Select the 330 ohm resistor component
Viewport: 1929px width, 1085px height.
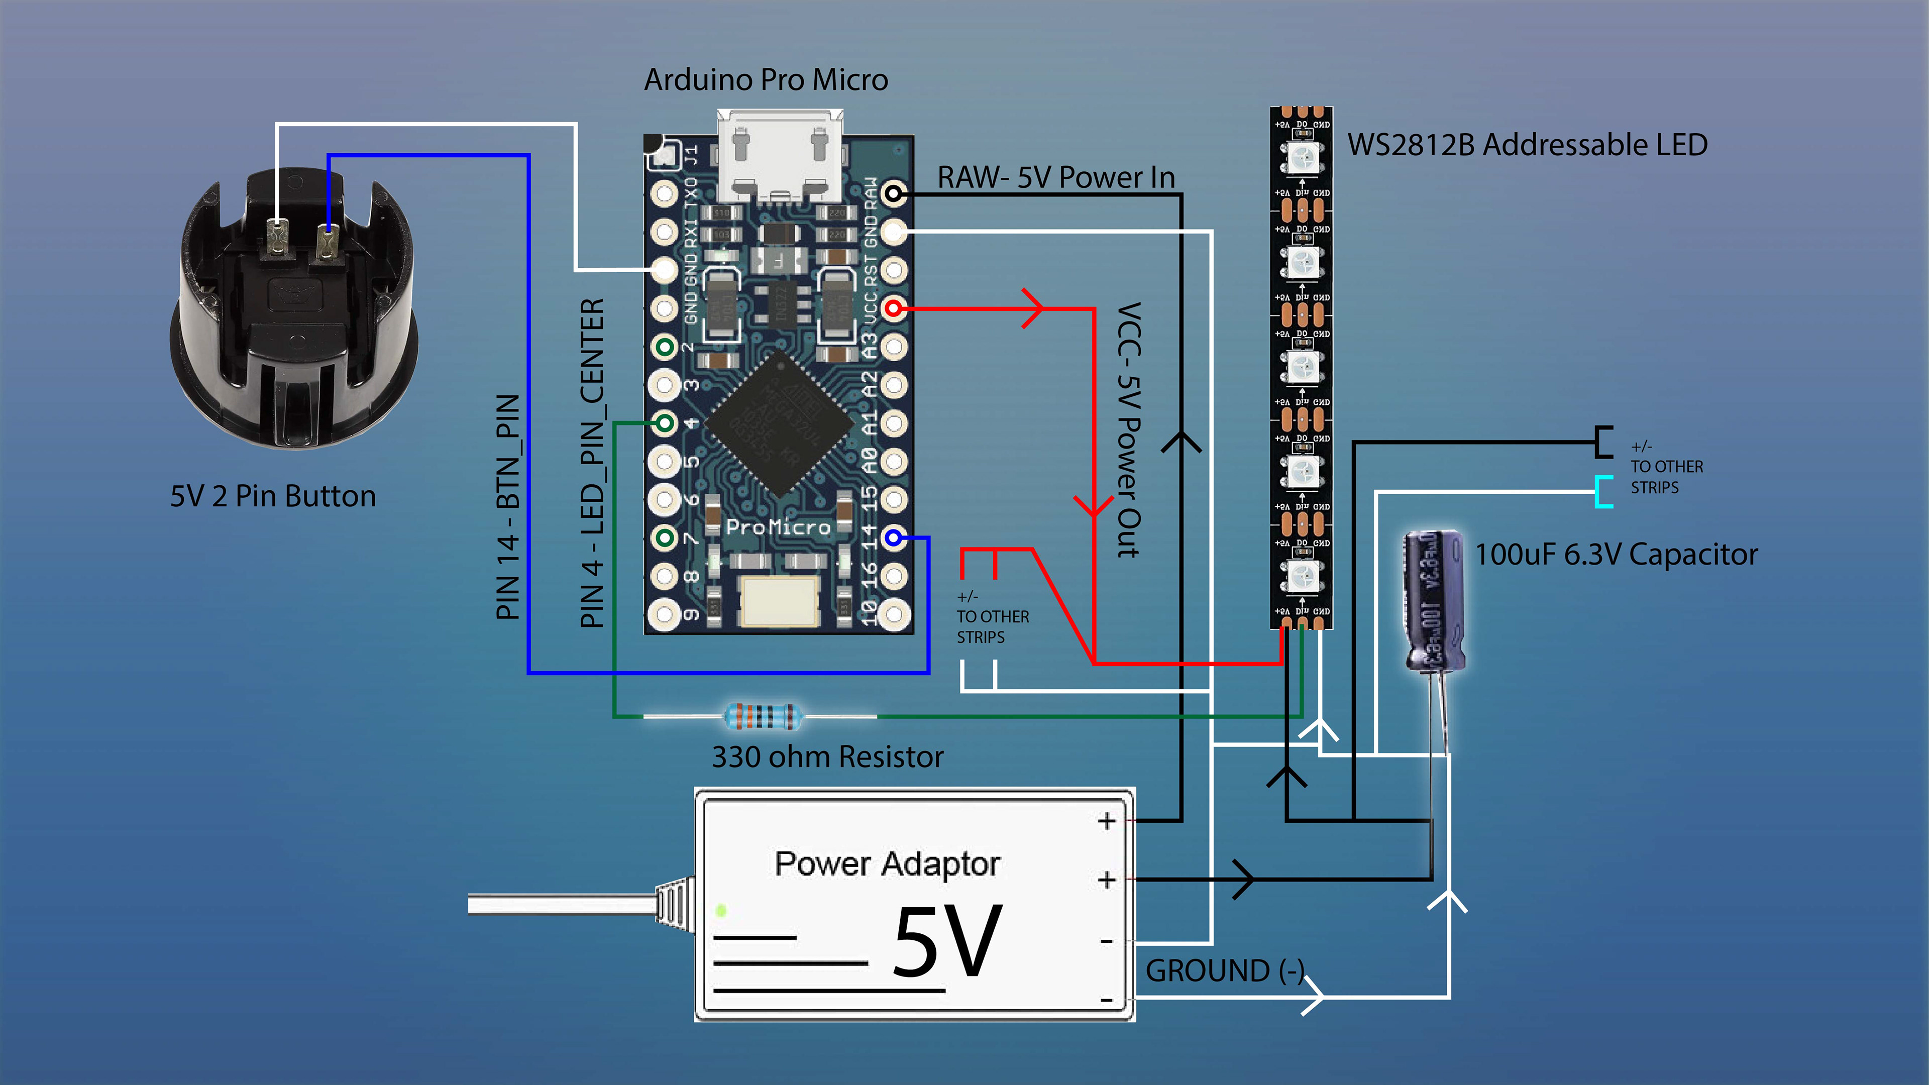762,717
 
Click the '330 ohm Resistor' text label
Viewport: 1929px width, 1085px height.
827,757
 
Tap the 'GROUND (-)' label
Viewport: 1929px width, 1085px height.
1224,971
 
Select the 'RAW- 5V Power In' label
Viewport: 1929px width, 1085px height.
1056,177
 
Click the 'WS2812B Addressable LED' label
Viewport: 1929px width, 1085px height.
1527,145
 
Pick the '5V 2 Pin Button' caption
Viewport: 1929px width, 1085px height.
273,496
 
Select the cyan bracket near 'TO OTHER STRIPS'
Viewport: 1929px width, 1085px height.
1603,492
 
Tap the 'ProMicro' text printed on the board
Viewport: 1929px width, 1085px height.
778,527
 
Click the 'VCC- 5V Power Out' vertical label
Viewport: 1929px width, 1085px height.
1128,430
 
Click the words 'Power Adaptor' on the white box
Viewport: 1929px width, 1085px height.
887,864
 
